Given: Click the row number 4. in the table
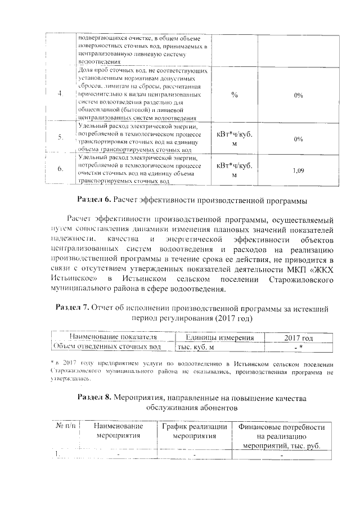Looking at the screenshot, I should point(60,93).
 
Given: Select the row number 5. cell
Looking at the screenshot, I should point(60,138).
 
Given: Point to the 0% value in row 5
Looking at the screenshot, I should point(298,138).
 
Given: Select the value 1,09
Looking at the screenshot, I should point(298,169).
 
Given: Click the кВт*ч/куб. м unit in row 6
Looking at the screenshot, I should point(234,170).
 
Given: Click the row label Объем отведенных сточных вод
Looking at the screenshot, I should point(106,346).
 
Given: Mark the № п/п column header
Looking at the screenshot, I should point(66,426).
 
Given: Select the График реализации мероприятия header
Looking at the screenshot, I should point(193,431).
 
